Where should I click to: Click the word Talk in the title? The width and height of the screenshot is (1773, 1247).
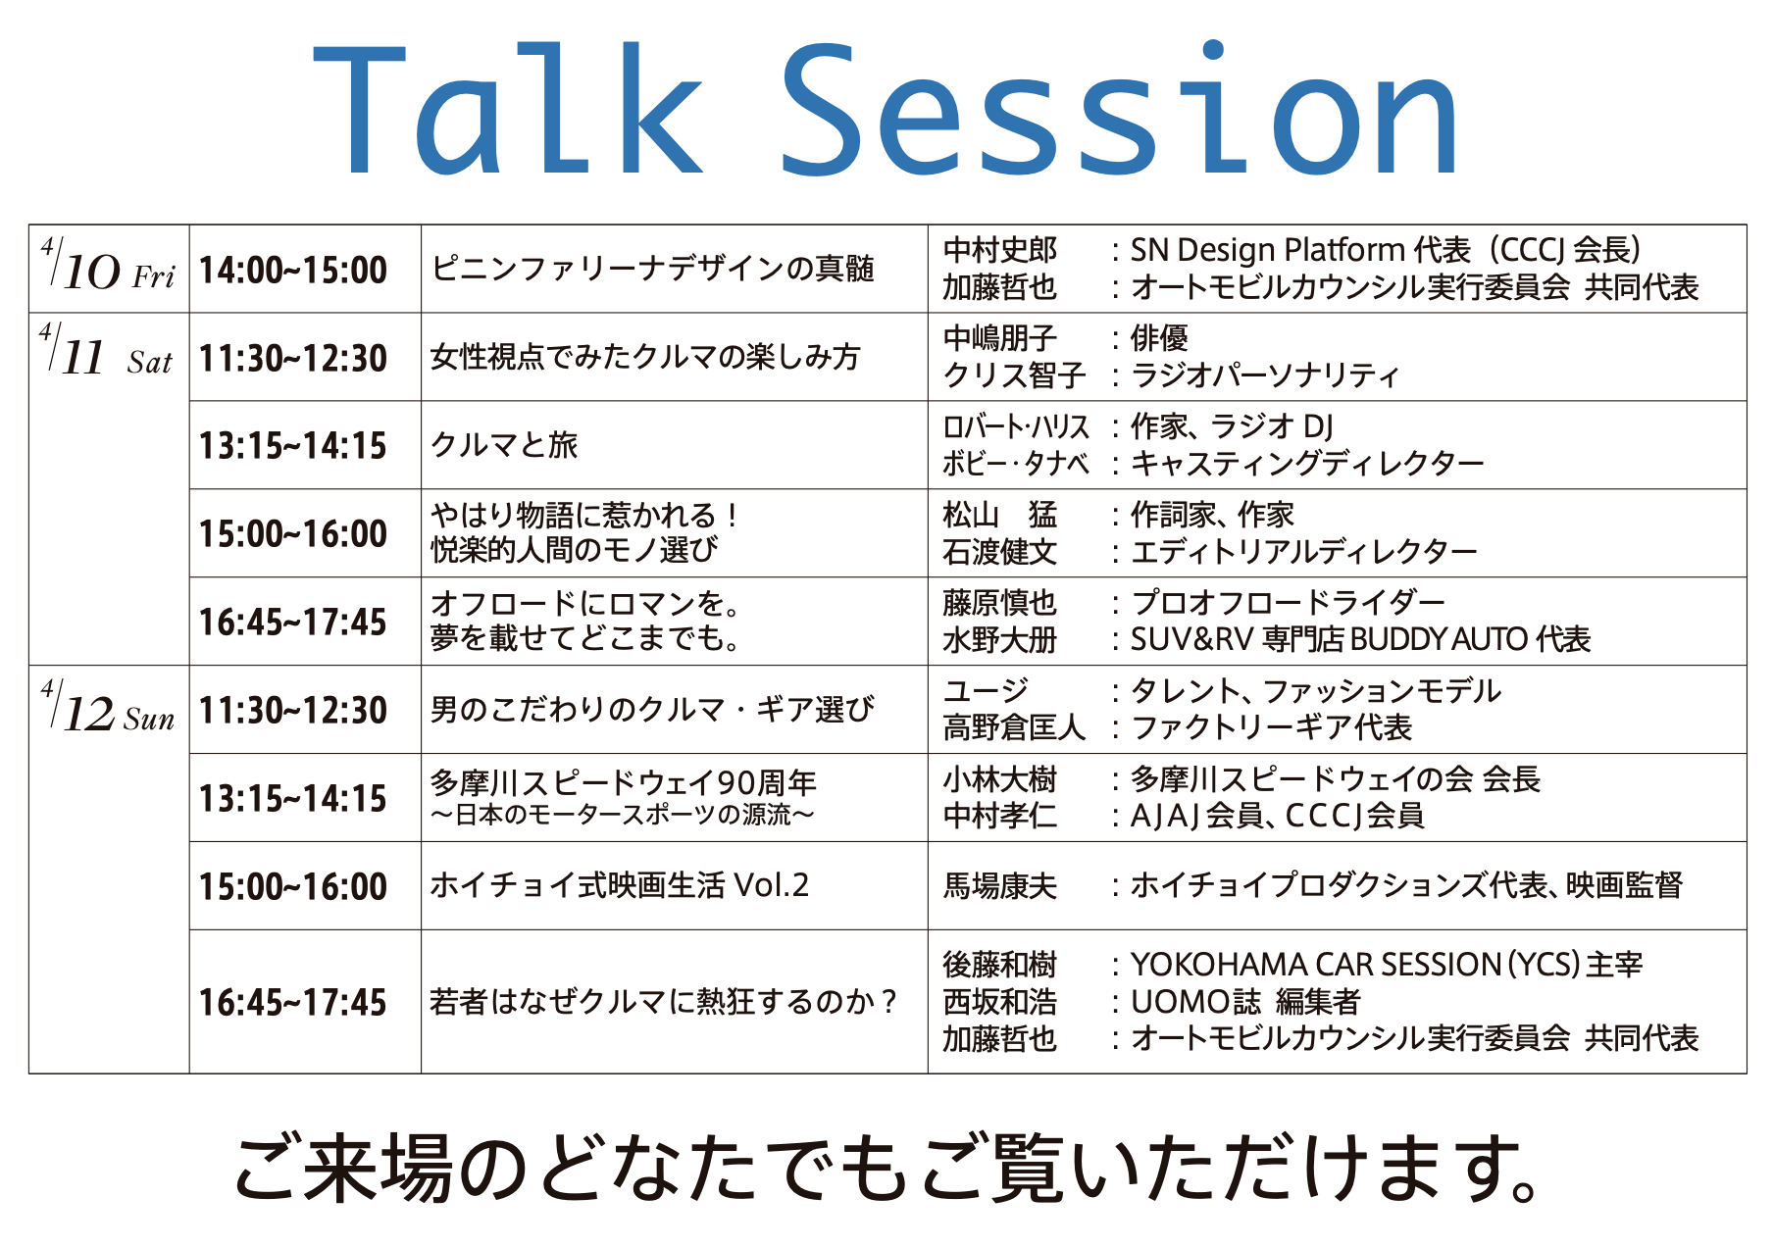tap(508, 109)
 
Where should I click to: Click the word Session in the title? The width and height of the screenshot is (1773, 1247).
tap(1120, 109)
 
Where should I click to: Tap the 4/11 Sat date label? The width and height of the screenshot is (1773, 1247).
tap(106, 351)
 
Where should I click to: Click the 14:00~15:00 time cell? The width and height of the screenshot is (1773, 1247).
tap(293, 270)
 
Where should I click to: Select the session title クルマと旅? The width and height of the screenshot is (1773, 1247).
tap(504, 445)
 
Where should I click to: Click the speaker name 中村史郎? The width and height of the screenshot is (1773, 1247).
tap(1000, 250)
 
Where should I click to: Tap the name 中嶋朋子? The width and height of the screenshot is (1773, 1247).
tap(1000, 338)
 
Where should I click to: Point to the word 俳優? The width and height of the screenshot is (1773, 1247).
tap(1160, 338)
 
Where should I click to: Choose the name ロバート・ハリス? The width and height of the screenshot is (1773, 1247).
tap(1016, 426)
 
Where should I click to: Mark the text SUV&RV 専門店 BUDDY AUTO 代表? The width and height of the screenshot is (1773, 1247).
tap(1361, 639)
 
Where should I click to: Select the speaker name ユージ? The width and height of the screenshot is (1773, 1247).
tap(986, 691)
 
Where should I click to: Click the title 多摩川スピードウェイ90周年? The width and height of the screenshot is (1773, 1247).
tap(624, 782)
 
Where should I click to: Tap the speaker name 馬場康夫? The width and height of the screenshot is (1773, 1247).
tap(1000, 886)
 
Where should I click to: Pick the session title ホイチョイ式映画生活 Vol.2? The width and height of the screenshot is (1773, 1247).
tap(620, 885)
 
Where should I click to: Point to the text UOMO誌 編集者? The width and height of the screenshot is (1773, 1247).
tap(1245, 1002)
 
